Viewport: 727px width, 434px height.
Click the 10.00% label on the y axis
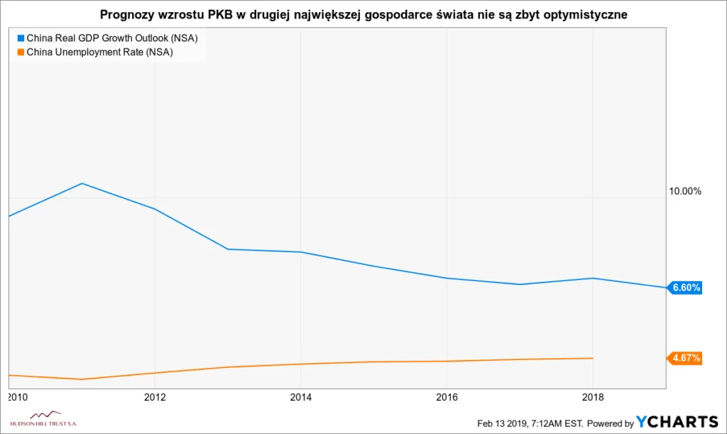684,191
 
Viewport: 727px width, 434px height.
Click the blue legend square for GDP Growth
20,38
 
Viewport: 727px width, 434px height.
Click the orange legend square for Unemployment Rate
20,52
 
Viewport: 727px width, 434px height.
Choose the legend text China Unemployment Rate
100,52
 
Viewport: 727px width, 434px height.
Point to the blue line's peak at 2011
82,183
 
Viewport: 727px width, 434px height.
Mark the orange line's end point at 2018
593,358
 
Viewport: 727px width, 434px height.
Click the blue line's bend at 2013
228,249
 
